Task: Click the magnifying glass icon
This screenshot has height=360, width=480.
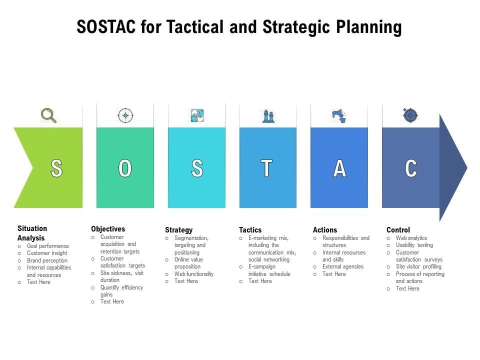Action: click(x=48, y=115)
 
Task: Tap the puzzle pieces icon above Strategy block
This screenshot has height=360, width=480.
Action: click(x=197, y=115)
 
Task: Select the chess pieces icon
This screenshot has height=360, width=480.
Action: click(x=268, y=116)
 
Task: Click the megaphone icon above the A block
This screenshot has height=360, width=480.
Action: click(x=339, y=115)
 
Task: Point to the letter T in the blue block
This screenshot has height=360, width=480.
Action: click(x=266, y=168)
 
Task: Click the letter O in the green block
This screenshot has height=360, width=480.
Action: click(x=125, y=168)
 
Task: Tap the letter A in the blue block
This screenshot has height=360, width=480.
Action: click(x=339, y=168)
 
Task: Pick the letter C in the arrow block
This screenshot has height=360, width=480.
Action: click(x=411, y=168)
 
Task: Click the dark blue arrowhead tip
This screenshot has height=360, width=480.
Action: click(x=467, y=167)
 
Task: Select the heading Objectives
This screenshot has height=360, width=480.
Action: click(x=108, y=229)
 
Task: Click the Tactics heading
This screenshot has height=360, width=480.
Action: click(x=250, y=230)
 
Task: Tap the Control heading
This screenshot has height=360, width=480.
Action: click(x=398, y=230)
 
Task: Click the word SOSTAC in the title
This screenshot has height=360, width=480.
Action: click(x=106, y=26)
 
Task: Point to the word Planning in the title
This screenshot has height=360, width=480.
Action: click(x=369, y=27)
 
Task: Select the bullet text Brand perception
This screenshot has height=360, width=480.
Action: click(x=47, y=260)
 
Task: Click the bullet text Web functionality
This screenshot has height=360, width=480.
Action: click(x=194, y=274)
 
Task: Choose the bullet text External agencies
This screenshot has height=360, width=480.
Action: click(x=343, y=266)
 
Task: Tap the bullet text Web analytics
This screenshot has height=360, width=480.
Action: click(x=411, y=238)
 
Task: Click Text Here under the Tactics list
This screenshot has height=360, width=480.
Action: click(x=260, y=281)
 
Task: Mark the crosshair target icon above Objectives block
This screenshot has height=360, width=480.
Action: click(x=125, y=115)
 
